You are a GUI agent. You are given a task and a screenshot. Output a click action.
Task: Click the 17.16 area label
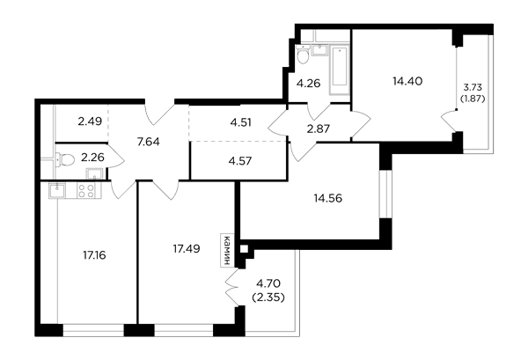click(x=94, y=255)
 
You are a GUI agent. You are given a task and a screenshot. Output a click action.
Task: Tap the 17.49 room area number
click(x=187, y=249)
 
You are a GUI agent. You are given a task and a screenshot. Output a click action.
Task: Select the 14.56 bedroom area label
click(x=328, y=198)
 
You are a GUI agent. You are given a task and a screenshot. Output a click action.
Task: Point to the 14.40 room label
click(x=407, y=81)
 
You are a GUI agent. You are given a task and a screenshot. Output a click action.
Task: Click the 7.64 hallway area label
click(x=149, y=142)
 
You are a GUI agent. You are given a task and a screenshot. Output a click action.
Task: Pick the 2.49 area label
click(x=90, y=121)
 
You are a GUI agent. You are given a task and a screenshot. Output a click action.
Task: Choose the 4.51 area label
click(x=241, y=122)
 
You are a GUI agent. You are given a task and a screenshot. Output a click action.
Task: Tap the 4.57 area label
click(x=240, y=161)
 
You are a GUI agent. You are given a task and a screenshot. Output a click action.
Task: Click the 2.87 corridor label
click(x=319, y=129)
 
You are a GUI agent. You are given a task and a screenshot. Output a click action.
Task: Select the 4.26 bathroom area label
click(x=309, y=84)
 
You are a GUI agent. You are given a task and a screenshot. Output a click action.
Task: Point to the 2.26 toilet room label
click(x=92, y=158)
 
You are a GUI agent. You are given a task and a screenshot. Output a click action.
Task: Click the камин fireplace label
click(x=227, y=250)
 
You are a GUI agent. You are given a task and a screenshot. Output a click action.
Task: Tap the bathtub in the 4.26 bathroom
click(x=340, y=70)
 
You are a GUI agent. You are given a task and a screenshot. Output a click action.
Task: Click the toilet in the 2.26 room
click(x=65, y=159)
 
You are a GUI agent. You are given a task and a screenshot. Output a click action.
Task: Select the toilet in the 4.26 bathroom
click(x=304, y=55)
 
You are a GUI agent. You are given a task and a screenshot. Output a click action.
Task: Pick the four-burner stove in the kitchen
click(x=85, y=190)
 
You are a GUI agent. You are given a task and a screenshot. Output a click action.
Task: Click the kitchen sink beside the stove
click(x=57, y=190)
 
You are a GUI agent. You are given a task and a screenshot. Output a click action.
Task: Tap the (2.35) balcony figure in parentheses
click(x=268, y=298)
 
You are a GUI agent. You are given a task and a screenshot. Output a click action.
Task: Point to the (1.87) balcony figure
click(x=473, y=99)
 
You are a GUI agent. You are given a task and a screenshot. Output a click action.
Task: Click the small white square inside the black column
click(x=244, y=249)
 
